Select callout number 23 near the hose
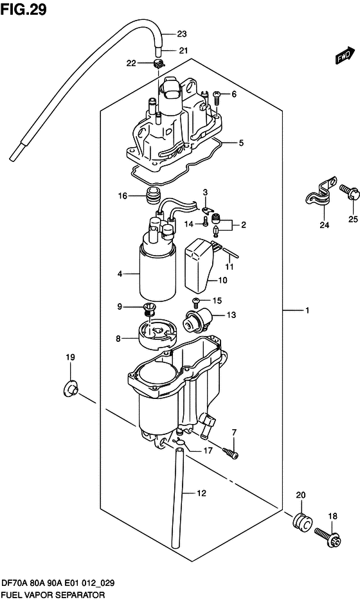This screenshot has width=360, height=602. (x=182, y=34)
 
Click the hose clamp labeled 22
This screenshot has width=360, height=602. (x=159, y=63)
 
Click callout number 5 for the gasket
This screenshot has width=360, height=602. (x=241, y=143)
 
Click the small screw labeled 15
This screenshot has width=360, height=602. (x=196, y=301)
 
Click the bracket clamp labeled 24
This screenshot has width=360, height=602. (x=317, y=192)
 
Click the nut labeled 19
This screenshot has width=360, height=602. (x=71, y=387)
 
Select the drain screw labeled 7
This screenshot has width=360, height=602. (x=231, y=454)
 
